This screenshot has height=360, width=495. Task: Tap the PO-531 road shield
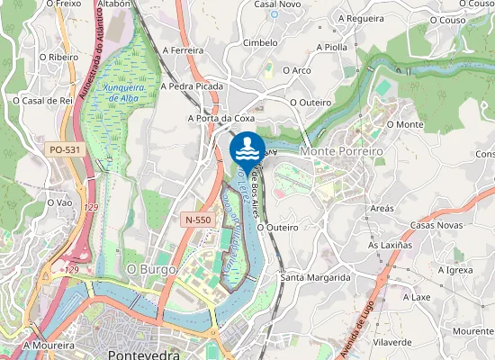[x=66, y=149]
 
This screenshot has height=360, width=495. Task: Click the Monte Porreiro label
[x=341, y=151]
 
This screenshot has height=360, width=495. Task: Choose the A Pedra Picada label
[x=191, y=86]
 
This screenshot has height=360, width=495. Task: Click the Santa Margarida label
[x=315, y=277]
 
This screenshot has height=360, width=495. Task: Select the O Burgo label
[x=151, y=268]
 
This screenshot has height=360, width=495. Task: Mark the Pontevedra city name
[x=145, y=354]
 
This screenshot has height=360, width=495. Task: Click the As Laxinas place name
[x=390, y=245]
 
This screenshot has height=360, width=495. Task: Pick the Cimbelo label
[x=260, y=42]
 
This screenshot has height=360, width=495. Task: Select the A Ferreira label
[x=184, y=51]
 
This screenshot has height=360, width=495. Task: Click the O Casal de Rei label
[x=42, y=101]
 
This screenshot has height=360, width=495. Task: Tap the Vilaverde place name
[x=392, y=343]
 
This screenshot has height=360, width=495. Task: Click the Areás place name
[x=382, y=208]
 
